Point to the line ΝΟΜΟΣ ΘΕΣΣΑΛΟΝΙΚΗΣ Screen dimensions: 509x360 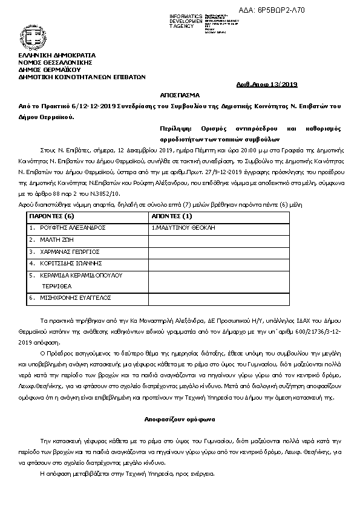55,63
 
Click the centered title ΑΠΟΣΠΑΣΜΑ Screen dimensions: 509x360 180,96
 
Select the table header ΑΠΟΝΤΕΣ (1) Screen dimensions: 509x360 172,216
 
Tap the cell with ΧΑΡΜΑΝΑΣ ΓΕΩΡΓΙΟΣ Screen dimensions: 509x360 70,251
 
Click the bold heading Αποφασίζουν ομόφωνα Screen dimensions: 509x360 180,418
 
